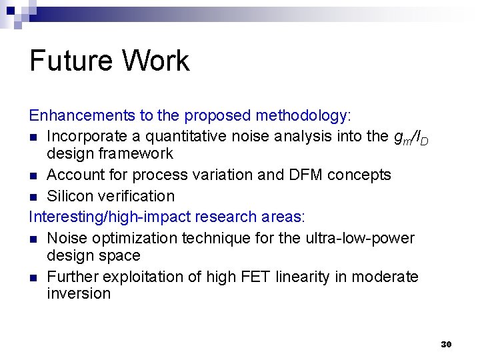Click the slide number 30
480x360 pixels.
pyautogui.click(x=446, y=344)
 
